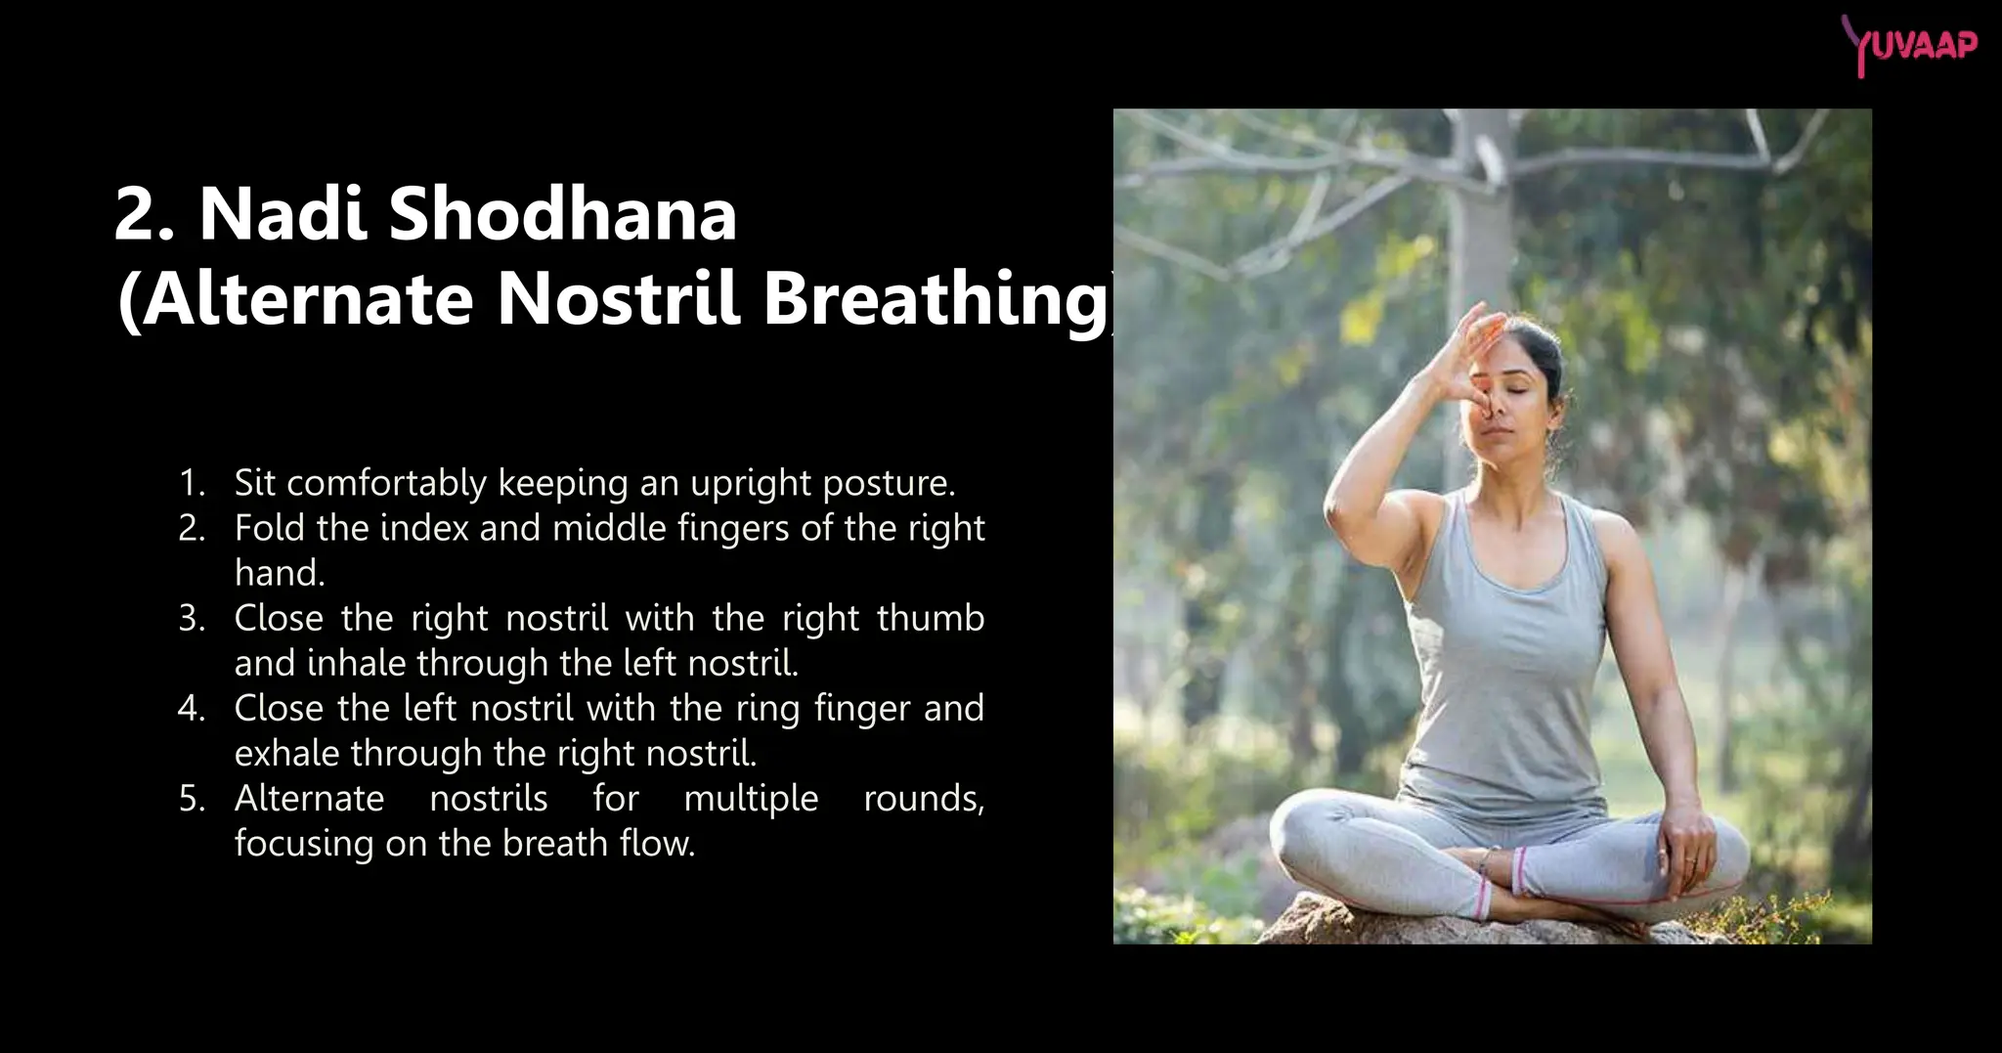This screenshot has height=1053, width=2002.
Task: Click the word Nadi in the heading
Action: click(283, 214)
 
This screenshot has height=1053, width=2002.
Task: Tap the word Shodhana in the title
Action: click(562, 214)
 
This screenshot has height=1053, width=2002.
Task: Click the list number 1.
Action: click(191, 483)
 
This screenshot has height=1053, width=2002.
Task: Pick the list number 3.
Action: click(191, 618)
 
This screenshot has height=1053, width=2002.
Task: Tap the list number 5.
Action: click(191, 799)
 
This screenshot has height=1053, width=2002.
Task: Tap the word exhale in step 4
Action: click(286, 754)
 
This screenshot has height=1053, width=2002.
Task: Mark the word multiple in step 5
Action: click(750, 799)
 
